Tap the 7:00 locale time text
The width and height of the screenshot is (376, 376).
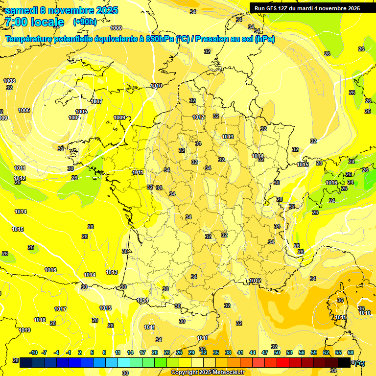[x=34, y=22]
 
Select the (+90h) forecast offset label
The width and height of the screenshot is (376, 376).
[x=85, y=22]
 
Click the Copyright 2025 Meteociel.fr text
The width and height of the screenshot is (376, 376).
[x=208, y=373]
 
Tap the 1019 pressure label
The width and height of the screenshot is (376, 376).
[x=24, y=330]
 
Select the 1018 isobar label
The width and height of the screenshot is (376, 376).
[x=40, y=320]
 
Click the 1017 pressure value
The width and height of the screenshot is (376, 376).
[x=60, y=309]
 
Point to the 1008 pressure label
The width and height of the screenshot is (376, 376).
[x=9, y=81]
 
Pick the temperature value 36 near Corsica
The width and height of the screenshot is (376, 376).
[x=340, y=300]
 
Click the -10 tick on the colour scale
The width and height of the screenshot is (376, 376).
[x=34, y=352]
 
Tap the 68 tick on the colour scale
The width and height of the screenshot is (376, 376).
[x=351, y=352]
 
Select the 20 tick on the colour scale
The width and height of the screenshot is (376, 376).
[x=155, y=352]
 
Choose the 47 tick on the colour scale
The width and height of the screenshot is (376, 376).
[x=265, y=352]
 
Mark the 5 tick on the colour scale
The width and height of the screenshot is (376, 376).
[x=92, y=352]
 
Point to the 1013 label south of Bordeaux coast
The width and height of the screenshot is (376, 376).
[x=112, y=272]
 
